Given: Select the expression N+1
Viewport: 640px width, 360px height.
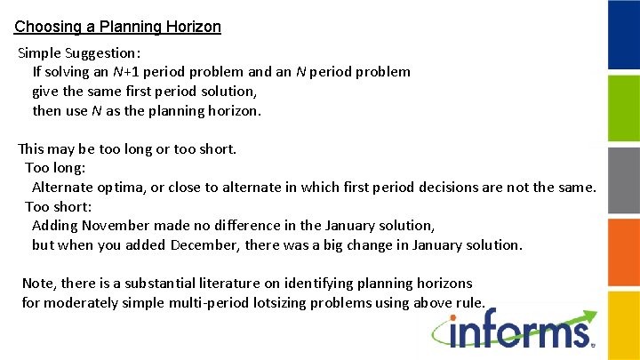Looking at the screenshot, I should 124,72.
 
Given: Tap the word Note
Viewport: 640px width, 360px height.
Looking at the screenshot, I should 38,284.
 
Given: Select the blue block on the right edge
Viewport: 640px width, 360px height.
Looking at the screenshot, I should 623,35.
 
